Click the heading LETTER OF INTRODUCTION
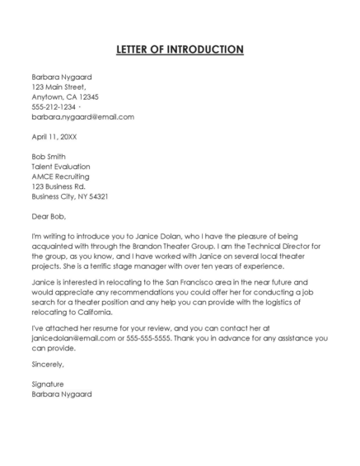click(180, 49)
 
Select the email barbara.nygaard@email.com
click(82, 117)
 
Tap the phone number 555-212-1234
click(54, 107)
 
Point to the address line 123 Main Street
click(58, 87)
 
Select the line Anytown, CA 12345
click(65, 96)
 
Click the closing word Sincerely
click(48, 364)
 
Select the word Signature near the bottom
click(48, 384)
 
